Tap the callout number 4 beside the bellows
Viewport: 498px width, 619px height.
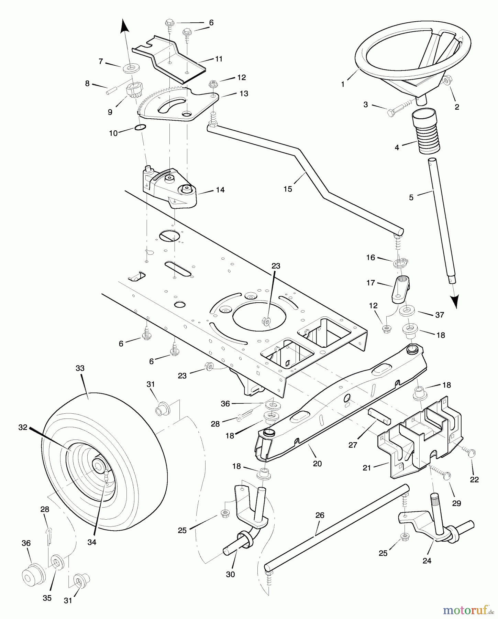pyautogui.click(x=397, y=148)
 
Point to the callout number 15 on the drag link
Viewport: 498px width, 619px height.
pyautogui.click(x=288, y=189)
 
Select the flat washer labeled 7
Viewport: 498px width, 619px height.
pyautogui.click(x=131, y=67)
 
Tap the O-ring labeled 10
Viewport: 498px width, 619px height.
pyautogui.click(x=140, y=127)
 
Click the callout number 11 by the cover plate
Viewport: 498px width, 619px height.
pyautogui.click(x=219, y=59)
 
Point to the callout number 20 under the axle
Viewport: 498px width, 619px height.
pyautogui.click(x=317, y=464)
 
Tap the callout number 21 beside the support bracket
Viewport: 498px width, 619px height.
pyautogui.click(x=367, y=468)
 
